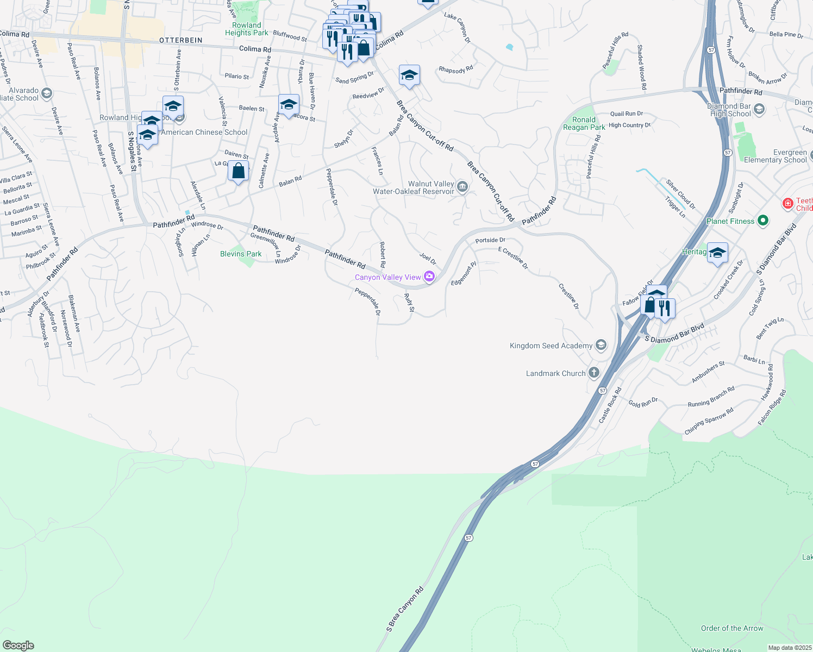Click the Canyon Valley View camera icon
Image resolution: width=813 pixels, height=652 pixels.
(429, 277)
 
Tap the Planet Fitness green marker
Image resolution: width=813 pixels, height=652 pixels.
(763, 221)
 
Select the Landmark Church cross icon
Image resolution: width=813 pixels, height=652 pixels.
(593, 373)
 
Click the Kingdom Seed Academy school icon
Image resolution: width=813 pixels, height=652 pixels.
(601, 345)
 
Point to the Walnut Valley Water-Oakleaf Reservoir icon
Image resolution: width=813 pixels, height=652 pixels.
(462, 187)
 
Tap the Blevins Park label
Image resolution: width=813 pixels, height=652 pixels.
(241, 254)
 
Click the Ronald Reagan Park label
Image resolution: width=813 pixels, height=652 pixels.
(584, 123)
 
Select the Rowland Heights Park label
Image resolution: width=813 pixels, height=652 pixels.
(247, 29)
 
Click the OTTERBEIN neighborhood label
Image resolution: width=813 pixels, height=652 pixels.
(181, 41)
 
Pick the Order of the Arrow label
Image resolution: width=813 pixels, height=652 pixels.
(731, 628)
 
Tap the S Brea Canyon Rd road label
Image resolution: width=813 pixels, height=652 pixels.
(405, 609)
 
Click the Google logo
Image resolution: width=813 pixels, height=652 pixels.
(18, 645)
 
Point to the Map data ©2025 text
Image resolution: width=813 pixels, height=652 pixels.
(790, 648)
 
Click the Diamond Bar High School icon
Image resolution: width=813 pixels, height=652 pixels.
(759, 109)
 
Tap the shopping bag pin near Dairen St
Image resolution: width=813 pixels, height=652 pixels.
(238, 172)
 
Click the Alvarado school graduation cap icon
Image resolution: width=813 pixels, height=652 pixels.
(47, 93)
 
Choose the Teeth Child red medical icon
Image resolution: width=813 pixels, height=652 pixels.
(787, 204)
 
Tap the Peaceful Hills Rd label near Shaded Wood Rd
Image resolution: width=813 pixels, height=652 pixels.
(615, 50)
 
